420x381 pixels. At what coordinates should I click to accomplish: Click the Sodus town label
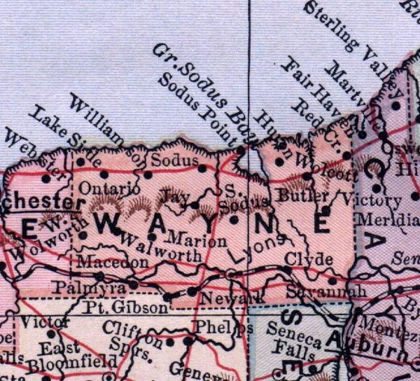point(171,162)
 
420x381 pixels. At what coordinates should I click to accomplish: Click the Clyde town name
point(308,259)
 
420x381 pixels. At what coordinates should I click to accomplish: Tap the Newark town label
point(221,299)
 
